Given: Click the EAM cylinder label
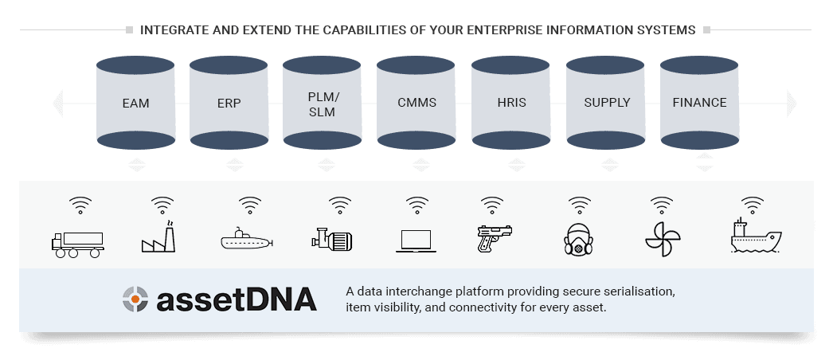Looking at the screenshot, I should tap(136, 103).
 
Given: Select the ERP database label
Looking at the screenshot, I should tap(229, 103).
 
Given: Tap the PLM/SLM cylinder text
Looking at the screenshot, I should tap(323, 104).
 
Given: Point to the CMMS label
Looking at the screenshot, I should tap(416, 103).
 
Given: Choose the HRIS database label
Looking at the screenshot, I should tap(510, 103).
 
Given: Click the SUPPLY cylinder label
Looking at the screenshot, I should tap(607, 103).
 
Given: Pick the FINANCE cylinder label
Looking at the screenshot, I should tap(699, 103).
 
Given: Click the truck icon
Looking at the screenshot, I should tap(78, 241).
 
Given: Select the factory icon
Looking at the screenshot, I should tap(158, 237).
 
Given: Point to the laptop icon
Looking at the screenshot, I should tap(416, 241).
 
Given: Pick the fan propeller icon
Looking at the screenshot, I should tap(662, 238).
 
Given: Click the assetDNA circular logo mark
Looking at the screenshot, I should tap(135, 299).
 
